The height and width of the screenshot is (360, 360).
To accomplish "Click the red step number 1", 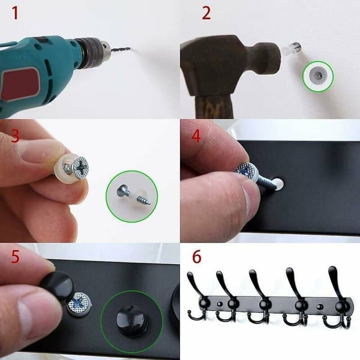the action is (15, 13).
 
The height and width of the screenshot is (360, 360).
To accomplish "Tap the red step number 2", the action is (206, 13).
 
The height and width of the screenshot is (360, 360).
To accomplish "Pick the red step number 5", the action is (15, 256).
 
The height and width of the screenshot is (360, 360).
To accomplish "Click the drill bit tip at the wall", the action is (130, 48).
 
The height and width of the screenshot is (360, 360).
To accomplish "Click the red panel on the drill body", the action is (20, 84).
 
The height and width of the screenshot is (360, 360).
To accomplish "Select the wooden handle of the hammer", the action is (214, 106).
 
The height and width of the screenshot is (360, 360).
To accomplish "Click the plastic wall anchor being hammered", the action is (292, 47).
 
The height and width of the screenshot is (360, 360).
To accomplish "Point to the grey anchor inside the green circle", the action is (318, 76).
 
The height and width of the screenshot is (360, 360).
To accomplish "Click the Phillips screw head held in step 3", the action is (81, 167).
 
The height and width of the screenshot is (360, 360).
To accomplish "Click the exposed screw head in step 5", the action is (79, 304).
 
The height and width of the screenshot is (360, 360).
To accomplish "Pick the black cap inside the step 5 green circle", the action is (131, 321).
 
